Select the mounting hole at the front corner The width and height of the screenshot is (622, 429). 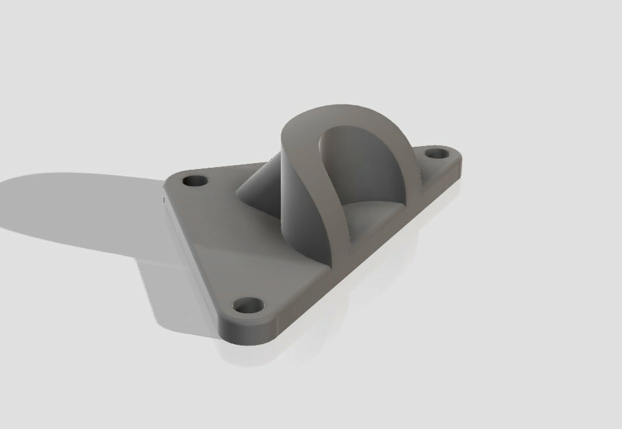point(248,306)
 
